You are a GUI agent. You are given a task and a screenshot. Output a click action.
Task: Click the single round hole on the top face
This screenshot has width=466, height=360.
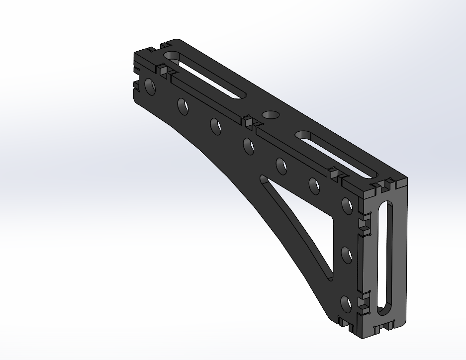coord(271,115)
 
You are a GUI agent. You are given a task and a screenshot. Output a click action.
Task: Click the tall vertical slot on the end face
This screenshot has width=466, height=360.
coord(385,259)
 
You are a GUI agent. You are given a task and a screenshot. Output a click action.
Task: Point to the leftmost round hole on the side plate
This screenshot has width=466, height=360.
coord(150,87)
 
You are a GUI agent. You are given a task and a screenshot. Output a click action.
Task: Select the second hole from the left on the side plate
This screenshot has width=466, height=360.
coord(183,106)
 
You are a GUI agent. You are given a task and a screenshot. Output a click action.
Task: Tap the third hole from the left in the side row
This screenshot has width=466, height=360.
coord(216,126)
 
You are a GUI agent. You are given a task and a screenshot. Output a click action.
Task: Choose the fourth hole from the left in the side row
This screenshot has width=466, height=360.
coord(248,145)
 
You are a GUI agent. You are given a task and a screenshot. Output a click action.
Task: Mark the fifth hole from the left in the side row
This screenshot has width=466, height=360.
coord(281,166)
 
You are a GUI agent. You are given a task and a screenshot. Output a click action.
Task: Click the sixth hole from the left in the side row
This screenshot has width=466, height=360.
coord(314,185)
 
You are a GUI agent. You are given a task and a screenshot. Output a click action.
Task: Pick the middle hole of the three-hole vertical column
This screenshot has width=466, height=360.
coord(347,254)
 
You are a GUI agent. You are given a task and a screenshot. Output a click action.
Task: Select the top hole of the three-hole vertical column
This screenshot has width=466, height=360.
coord(347,205)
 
